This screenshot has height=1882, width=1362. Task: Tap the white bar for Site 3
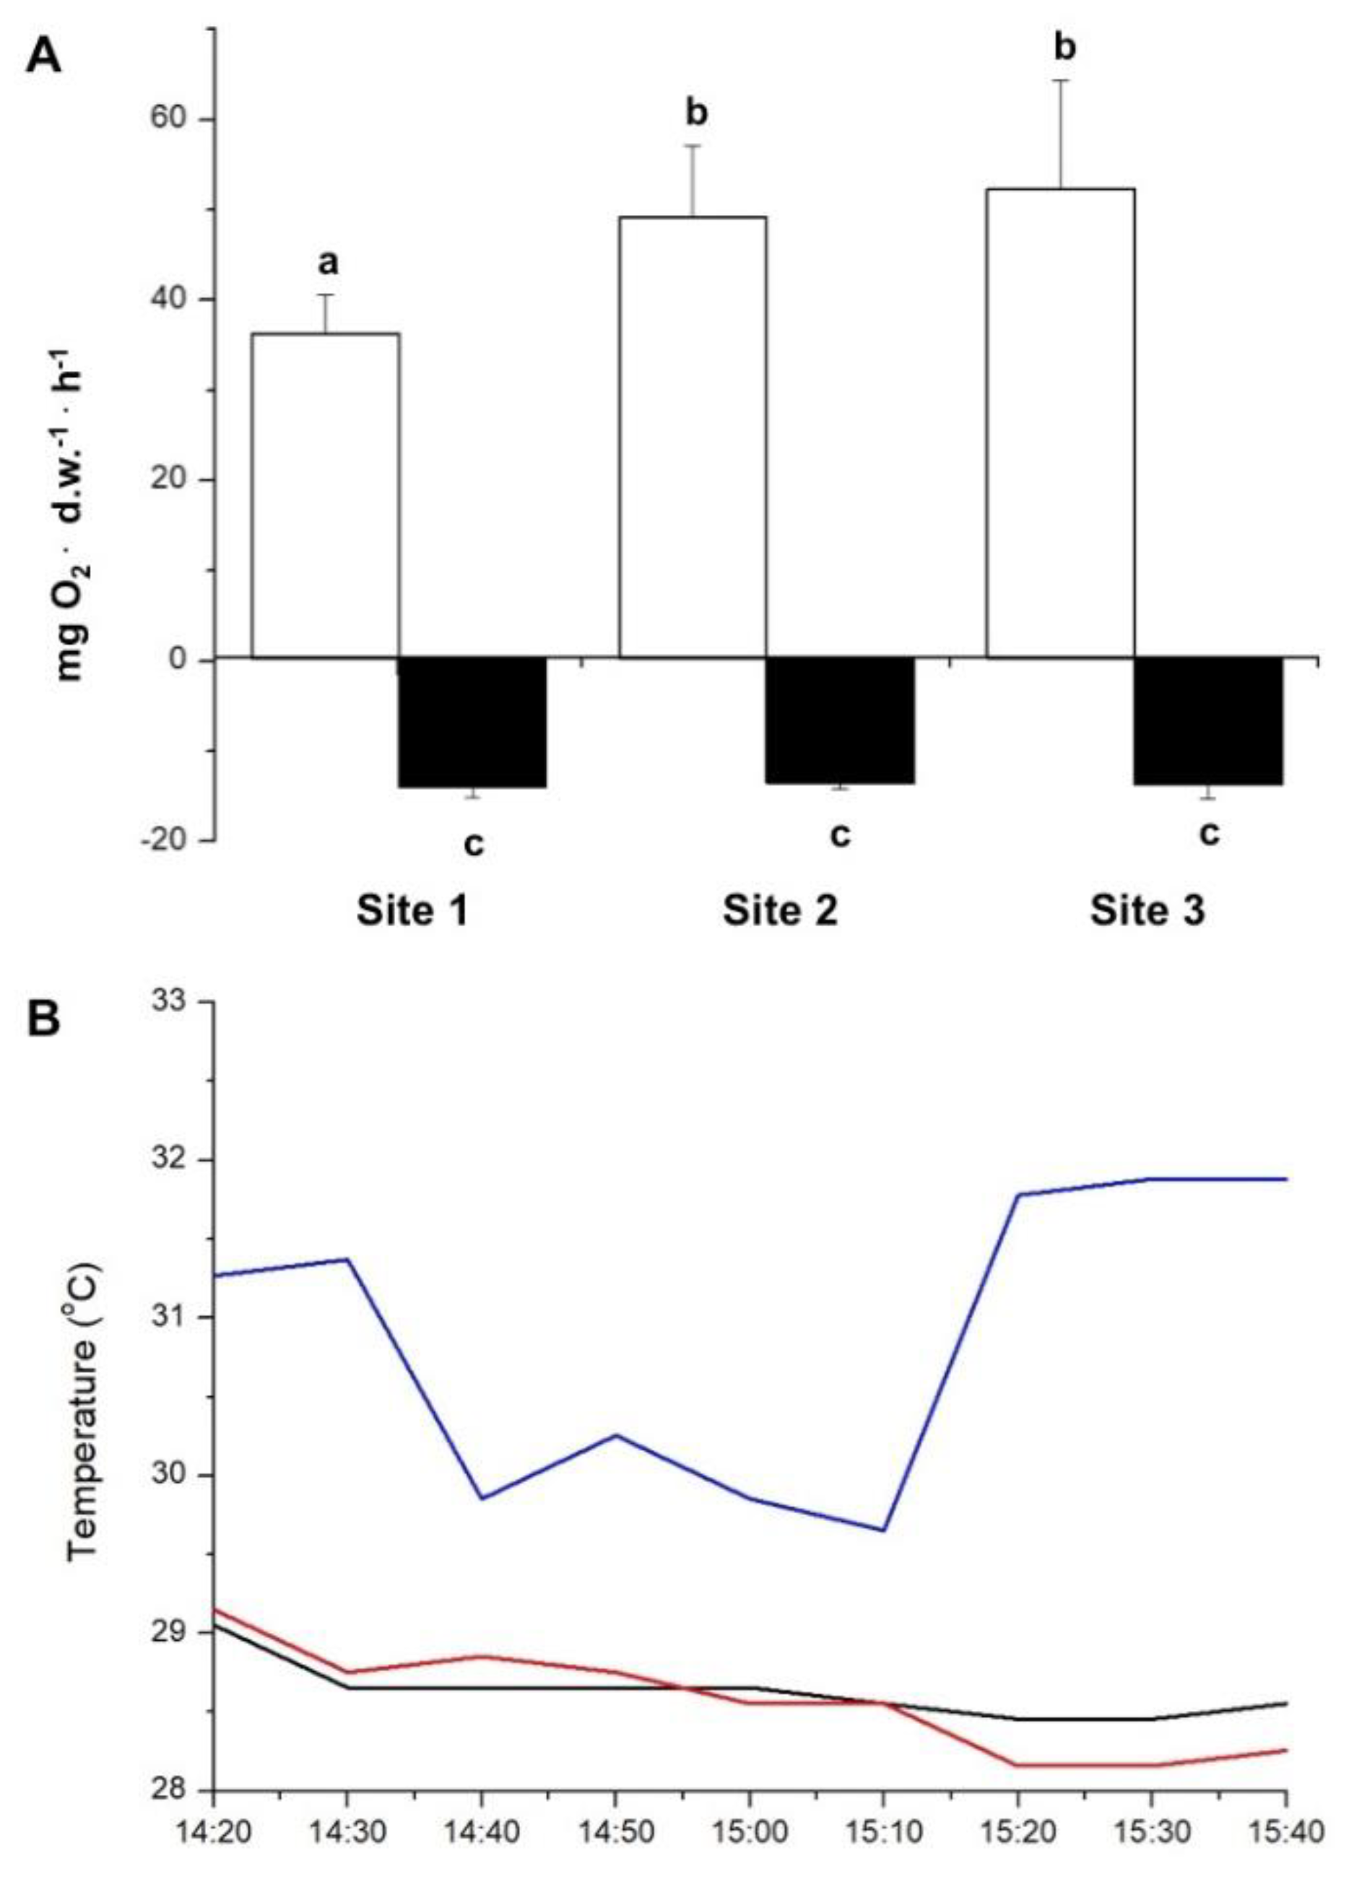coord(1060,423)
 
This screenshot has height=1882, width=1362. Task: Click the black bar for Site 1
coord(472,721)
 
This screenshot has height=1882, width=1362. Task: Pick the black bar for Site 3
coord(1207,720)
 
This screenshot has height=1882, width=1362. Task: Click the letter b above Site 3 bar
coord(1064,48)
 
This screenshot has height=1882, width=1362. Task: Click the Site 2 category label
coord(779,910)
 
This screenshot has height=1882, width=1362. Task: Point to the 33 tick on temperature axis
coord(173,1001)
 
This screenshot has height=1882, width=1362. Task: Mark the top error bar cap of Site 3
coord(1060,80)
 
